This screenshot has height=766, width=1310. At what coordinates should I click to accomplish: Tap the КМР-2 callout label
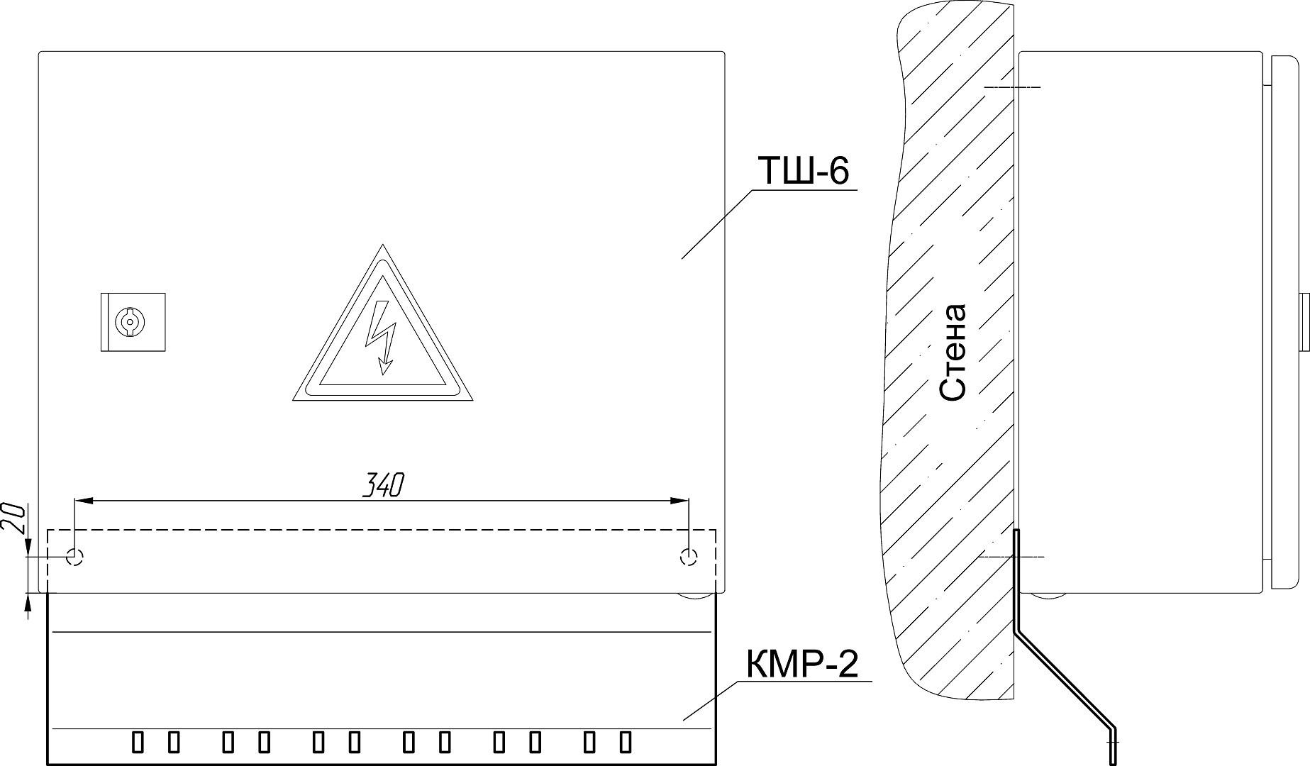point(801,665)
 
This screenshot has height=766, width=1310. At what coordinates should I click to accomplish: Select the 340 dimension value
point(384,486)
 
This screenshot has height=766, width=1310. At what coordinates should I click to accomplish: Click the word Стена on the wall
point(952,353)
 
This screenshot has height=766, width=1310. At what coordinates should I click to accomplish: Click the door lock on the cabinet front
point(133,322)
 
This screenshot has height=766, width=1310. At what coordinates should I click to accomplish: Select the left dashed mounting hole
point(74,557)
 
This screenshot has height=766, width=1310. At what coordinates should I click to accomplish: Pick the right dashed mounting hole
point(688,557)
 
